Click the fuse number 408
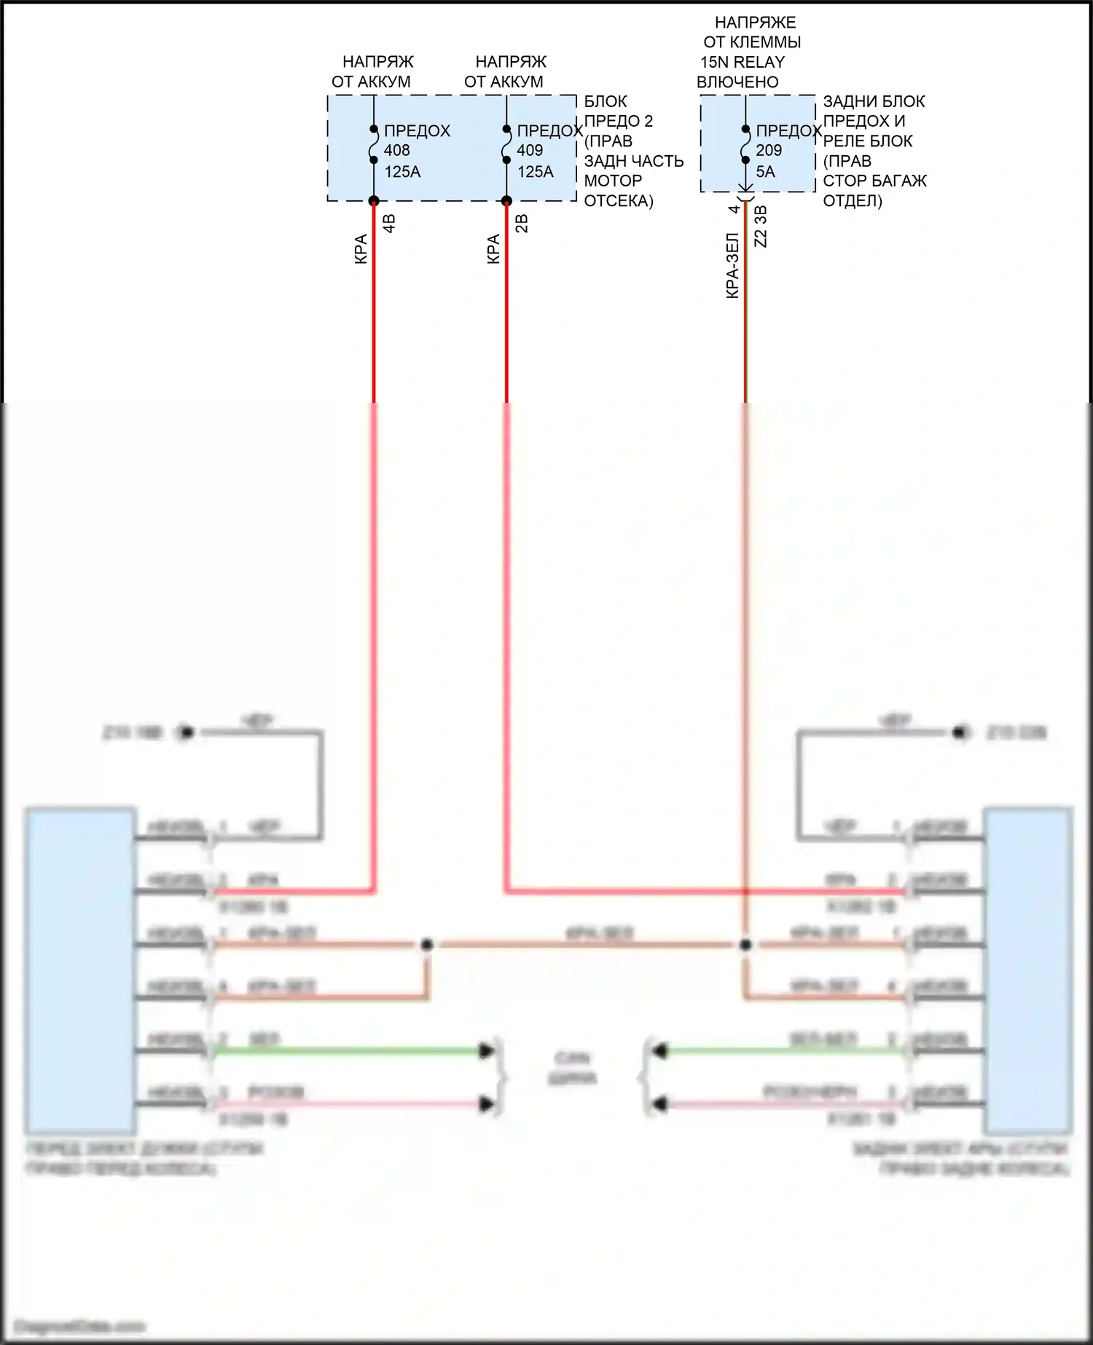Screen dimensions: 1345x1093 coord(397,151)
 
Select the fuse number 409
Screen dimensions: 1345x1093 coord(530,151)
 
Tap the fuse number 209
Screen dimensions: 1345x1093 coord(769,151)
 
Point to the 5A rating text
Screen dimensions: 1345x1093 coord(765,172)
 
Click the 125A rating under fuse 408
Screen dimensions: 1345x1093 coord(402,172)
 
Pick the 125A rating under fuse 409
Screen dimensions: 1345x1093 coord(536,172)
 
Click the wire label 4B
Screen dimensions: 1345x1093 coord(389,223)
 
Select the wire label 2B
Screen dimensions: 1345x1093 coord(522,223)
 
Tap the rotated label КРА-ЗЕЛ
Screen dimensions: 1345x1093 coord(732,265)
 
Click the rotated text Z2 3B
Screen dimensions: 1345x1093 coord(761,226)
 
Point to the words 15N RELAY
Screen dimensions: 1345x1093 coord(743,62)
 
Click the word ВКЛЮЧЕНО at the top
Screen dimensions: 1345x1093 coord(737,82)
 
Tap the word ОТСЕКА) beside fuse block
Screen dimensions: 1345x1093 coord(619,200)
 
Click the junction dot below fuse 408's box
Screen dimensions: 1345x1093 coord(374,201)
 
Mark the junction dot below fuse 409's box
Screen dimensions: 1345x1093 coord(506,201)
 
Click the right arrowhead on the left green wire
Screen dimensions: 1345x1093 coord(486,1051)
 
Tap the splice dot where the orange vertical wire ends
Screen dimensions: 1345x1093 coord(745,945)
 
